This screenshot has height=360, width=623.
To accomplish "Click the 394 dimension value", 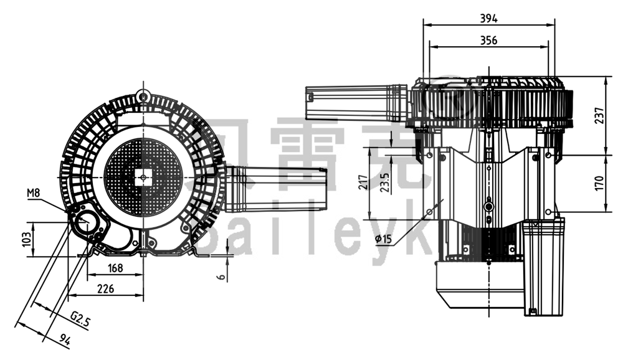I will click(x=488, y=18).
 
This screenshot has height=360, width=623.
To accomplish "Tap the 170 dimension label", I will click(x=599, y=183).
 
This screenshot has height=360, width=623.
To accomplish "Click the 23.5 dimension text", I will click(x=386, y=182).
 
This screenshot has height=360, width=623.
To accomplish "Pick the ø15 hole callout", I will click(x=384, y=239).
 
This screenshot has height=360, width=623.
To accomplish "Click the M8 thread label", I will click(x=34, y=194).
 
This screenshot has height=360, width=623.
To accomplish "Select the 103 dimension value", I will click(x=26, y=239).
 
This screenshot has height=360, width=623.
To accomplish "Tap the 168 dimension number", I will click(x=115, y=268).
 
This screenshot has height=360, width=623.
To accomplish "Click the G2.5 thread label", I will click(x=80, y=319).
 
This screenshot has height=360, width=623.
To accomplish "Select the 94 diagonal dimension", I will click(x=65, y=339).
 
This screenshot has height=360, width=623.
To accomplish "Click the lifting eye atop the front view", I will click(x=144, y=96).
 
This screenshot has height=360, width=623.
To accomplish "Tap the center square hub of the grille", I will click(x=144, y=178).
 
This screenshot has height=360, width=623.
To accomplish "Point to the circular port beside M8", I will click(x=85, y=219).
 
